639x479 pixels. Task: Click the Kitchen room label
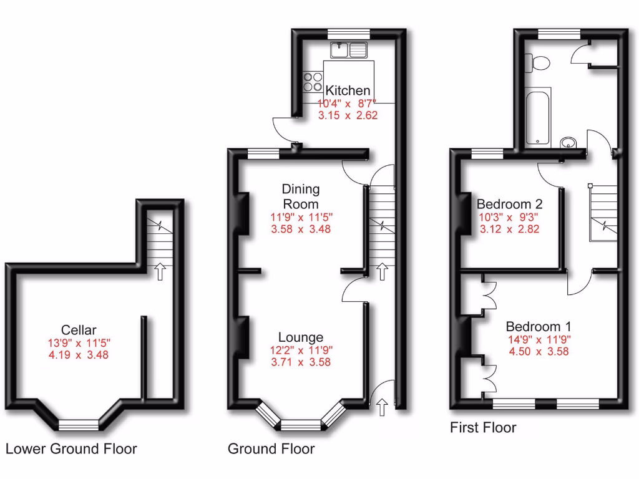point(348,91)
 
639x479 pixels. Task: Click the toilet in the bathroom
point(537,62)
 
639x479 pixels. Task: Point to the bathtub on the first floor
point(538,117)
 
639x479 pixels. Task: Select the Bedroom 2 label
point(509,204)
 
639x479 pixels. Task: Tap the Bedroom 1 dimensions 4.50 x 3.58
point(539,351)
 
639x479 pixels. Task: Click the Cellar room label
point(79,330)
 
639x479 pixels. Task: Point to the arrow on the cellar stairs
point(160,271)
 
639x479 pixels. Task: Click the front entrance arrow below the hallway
point(382,408)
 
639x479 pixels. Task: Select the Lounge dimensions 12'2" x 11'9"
point(301,350)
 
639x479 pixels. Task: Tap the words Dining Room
point(301,196)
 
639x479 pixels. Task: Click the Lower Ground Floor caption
point(71,448)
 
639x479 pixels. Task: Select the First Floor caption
point(483,428)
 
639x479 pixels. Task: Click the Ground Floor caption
point(271,448)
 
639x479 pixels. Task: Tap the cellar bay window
point(79,425)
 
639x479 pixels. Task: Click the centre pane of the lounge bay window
point(301,425)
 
